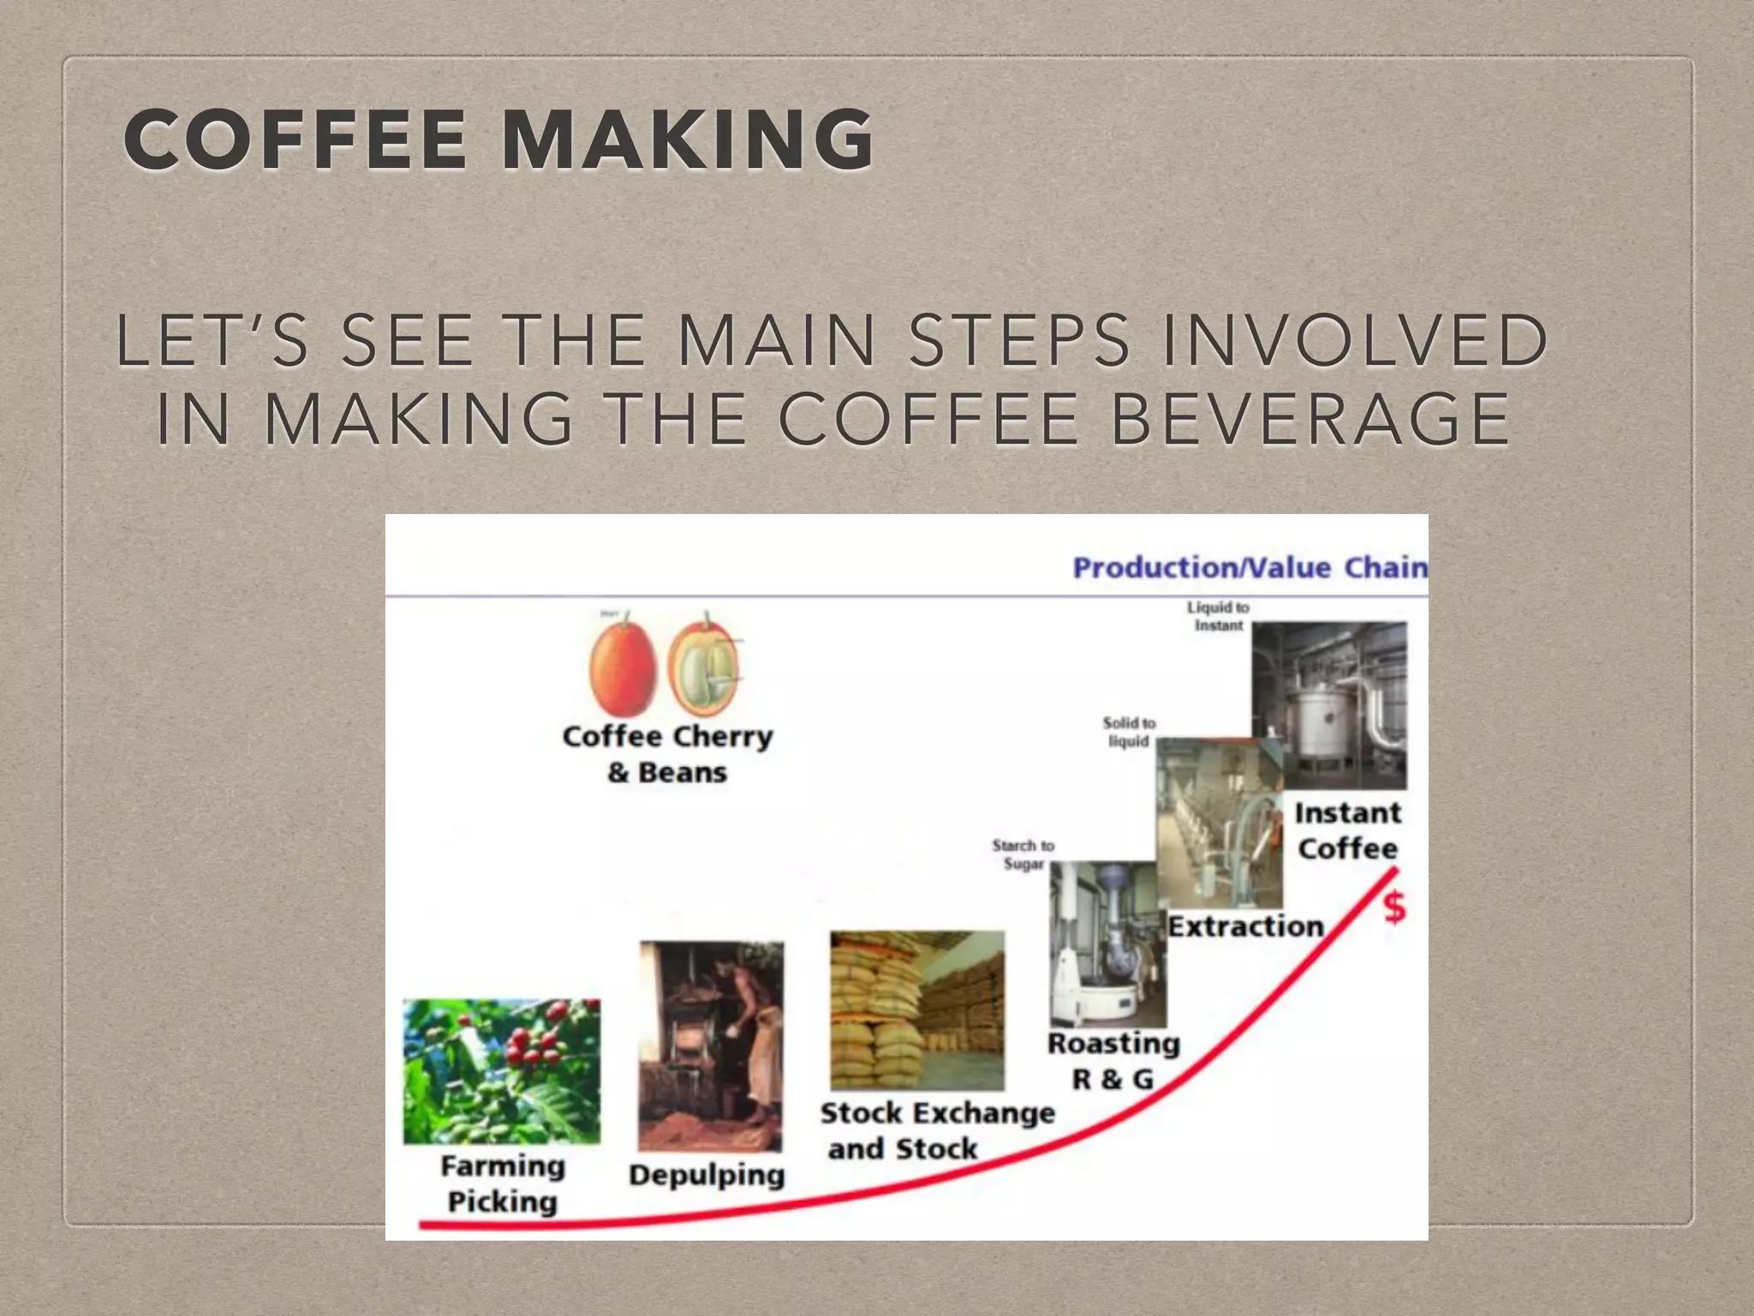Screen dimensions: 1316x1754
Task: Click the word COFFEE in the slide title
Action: click(295, 139)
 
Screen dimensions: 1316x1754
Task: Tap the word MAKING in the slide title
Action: click(687, 139)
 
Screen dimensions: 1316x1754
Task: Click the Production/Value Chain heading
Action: click(1249, 568)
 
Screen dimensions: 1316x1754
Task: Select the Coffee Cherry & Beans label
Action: click(668, 754)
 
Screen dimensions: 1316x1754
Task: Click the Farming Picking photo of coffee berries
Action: click(502, 1071)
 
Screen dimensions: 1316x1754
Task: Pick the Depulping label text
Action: click(707, 1175)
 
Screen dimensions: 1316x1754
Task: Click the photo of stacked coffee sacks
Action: click(916, 1011)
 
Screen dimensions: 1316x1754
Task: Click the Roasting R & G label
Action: click(1113, 1061)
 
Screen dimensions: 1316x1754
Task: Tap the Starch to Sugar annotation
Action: click(1023, 854)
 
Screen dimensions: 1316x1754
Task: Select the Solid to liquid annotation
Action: click(1129, 732)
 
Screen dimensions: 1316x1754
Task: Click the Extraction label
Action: click(1246, 926)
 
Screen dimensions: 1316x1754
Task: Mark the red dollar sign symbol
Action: click(1394, 907)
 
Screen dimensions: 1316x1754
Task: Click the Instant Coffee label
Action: click(1347, 830)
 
